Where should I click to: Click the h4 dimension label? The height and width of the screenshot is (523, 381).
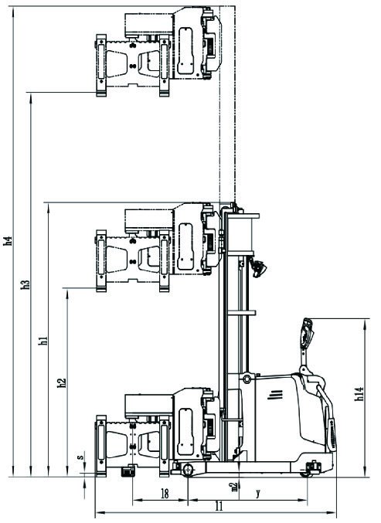tap(8, 241)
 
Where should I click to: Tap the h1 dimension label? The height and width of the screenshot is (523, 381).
tap(43, 341)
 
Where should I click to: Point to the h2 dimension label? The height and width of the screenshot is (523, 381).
tap(62, 382)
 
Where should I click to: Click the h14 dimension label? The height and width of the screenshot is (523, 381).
tap(359, 393)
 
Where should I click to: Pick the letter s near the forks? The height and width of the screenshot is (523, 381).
tap(80, 457)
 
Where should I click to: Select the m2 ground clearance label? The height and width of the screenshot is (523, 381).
tap(235, 487)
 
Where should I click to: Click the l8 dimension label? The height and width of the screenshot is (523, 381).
tap(165, 494)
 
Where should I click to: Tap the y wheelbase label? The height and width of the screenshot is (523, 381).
tap(257, 493)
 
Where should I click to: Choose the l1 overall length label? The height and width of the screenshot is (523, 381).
tap(219, 506)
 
